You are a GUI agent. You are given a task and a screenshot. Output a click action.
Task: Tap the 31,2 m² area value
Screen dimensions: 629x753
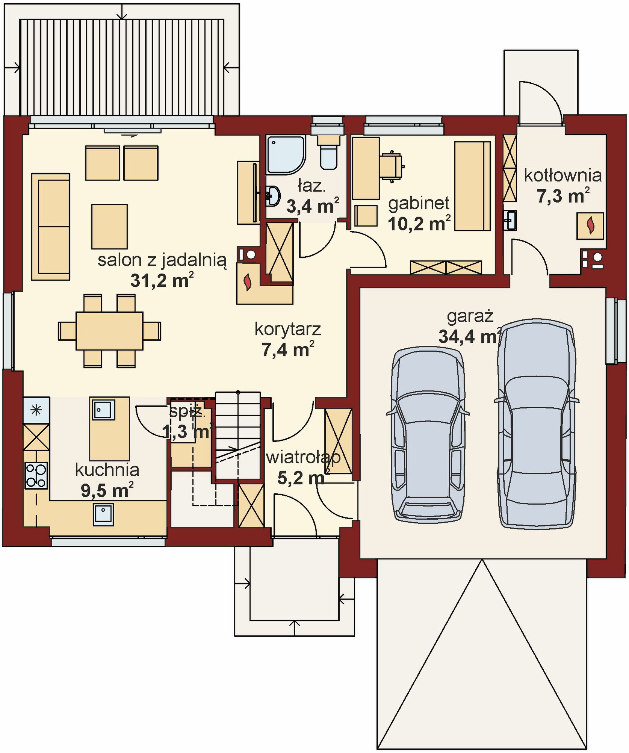(x=162, y=280)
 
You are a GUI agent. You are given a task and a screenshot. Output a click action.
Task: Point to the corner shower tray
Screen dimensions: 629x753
(x=286, y=155)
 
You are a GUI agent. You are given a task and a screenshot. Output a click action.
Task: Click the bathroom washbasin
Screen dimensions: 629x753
(x=273, y=196)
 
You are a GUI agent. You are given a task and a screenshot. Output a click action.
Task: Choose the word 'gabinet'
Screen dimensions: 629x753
(x=419, y=204)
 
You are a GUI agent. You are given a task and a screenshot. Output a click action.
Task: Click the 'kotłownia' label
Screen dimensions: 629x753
(x=562, y=175)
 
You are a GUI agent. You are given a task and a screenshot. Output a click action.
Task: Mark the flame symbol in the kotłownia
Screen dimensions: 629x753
(x=590, y=225)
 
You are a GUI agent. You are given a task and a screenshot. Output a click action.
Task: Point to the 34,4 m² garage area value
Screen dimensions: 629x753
(x=470, y=336)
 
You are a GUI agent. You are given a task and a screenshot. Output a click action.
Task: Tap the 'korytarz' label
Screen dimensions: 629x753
(x=288, y=329)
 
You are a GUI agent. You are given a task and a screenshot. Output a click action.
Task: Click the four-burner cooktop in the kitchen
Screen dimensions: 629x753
(x=36, y=475)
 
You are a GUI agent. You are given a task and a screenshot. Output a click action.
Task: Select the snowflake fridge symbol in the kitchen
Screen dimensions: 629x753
(x=36, y=410)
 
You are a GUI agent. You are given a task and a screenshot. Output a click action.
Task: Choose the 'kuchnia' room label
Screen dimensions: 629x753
(x=107, y=470)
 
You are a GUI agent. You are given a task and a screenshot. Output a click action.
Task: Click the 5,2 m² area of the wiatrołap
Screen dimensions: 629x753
(x=303, y=477)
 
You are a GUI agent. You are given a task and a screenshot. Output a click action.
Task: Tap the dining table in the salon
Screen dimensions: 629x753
(x=109, y=331)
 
